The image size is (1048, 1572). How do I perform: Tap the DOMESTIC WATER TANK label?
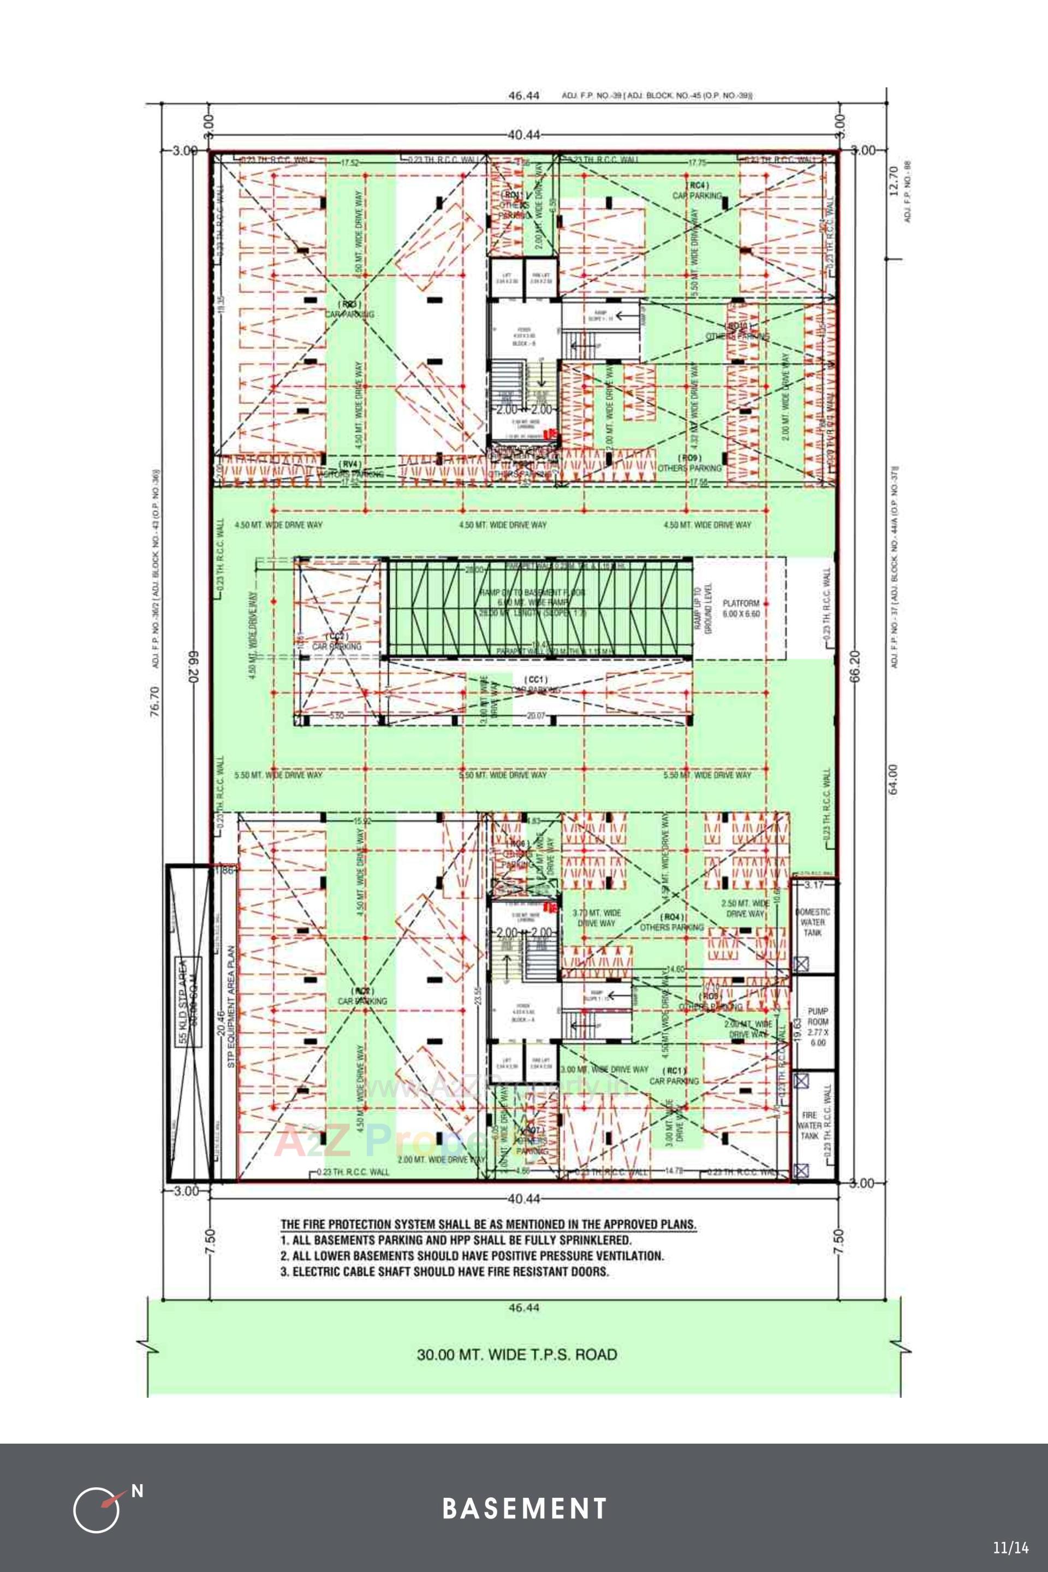pos(813,922)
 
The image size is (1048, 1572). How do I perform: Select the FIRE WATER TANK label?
pos(809,1125)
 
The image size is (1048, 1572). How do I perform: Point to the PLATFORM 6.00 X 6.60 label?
pos(741,608)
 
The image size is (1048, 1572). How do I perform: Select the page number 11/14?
pos(1010,1548)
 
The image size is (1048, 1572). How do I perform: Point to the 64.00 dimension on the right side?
pos(893,780)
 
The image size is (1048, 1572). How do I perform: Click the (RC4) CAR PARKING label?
pos(697,190)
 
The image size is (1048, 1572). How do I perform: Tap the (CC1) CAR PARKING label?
pos(535,684)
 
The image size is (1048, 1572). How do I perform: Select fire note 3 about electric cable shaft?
pos(444,1271)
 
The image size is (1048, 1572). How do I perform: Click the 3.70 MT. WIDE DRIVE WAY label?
pos(597,917)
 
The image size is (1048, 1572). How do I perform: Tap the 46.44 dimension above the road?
pos(523,1307)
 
